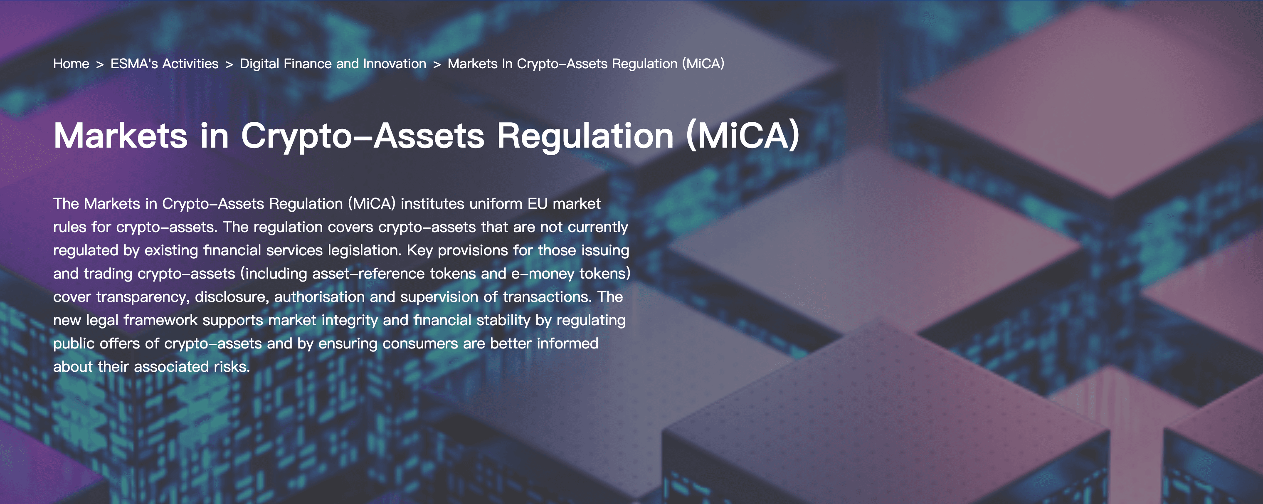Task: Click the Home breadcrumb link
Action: click(71, 64)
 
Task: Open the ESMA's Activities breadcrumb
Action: click(164, 64)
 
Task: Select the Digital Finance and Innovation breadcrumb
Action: click(333, 64)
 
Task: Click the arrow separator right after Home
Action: click(100, 64)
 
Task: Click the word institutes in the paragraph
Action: click(432, 203)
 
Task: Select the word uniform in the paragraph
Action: click(496, 203)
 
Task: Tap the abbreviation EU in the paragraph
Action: click(538, 203)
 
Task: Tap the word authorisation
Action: click(319, 296)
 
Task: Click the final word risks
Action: click(232, 367)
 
